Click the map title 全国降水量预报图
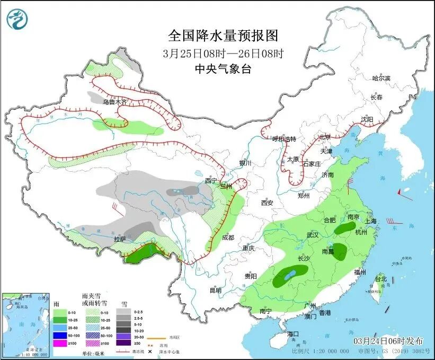[223, 36]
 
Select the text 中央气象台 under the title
[223, 69]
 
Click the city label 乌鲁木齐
[115, 102]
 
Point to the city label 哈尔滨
[380, 78]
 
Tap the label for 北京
[325, 137]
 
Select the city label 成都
[228, 238]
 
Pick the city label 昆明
[215, 290]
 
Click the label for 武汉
[312, 235]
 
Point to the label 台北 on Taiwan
[380, 279]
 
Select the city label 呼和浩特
[284, 139]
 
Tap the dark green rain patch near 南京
[345, 229]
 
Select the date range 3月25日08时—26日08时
[223, 53]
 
